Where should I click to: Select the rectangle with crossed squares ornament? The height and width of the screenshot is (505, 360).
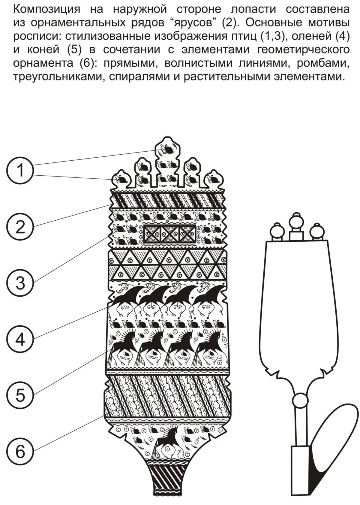coord(170,234)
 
